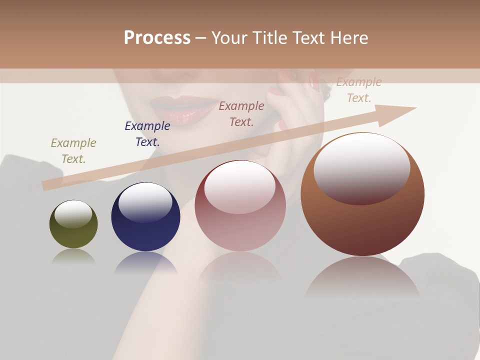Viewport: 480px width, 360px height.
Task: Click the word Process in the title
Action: pyautogui.click(x=157, y=38)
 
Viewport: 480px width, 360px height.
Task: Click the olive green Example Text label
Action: pyautogui.click(x=73, y=151)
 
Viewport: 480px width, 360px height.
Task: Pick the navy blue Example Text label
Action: pyautogui.click(x=147, y=134)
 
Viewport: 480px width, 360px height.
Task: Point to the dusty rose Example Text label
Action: pyautogui.click(x=241, y=114)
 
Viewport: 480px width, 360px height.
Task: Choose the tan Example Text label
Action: pyautogui.click(x=359, y=90)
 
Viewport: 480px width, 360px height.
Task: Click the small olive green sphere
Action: pyautogui.click(x=73, y=235)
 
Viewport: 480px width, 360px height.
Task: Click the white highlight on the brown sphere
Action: pyautogui.click(x=362, y=167)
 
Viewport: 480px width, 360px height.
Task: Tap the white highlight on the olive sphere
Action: pyautogui.click(x=73, y=213)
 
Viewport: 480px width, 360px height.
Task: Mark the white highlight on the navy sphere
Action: pyautogui.click(x=145, y=202)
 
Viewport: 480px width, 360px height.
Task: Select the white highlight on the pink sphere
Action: pyautogui.click(x=240, y=186)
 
